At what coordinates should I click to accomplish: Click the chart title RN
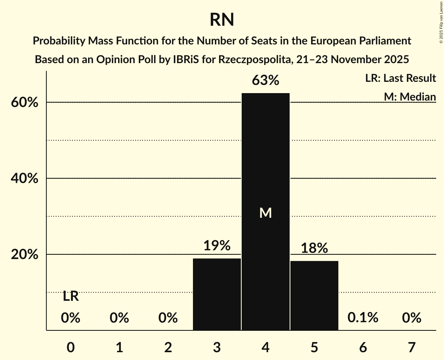click(x=222, y=19)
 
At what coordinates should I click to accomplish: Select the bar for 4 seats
click(x=265, y=175)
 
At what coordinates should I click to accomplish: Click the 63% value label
click(x=265, y=81)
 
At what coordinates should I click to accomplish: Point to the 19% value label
click(x=217, y=246)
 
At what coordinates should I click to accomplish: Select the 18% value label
click(x=314, y=248)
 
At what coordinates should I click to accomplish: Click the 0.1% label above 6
click(x=363, y=318)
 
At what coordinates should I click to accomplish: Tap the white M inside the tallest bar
click(x=265, y=213)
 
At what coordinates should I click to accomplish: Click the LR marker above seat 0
click(x=71, y=296)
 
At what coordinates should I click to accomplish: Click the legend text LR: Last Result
click(x=400, y=78)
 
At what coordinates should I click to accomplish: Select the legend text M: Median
click(x=409, y=97)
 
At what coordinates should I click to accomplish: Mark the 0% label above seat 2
click(x=168, y=318)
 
